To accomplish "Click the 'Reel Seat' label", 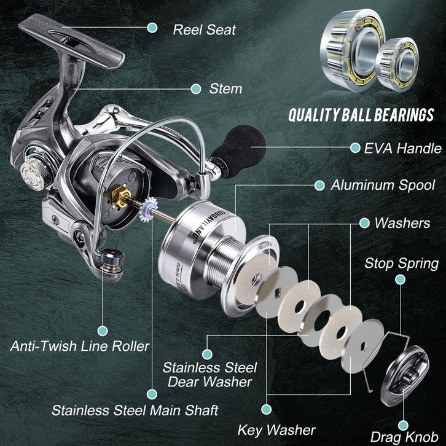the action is (x=204, y=29).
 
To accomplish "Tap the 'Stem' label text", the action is (x=225, y=89).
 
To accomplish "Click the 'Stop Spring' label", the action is (x=401, y=264).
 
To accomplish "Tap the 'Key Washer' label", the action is (x=276, y=430).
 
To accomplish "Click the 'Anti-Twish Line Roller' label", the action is (x=80, y=346).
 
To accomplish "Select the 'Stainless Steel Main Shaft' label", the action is (x=135, y=409).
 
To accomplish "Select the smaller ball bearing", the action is (x=397, y=63).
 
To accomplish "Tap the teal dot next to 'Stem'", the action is (x=196, y=89).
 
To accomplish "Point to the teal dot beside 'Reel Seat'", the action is (x=152, y=28).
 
